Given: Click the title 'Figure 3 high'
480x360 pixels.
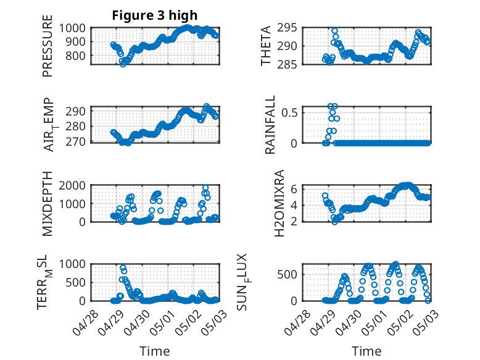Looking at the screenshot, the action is (x=155, y=15).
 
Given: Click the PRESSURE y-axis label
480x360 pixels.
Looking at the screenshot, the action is (x=48, y=46).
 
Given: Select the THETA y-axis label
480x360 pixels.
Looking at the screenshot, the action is (x=266, y=46).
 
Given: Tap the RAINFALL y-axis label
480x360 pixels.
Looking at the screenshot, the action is (x=270, y=125).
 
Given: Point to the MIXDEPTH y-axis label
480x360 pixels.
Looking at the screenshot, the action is (x=48, y=203).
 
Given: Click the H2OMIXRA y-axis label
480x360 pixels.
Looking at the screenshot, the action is (x=279, y=203).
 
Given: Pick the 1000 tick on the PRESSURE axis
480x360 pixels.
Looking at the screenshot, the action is (x=72, y=28).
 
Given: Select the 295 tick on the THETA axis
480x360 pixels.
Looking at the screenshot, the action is (x=287, y=28).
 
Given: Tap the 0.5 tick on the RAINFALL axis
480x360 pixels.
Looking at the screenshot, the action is (x=289, y=112).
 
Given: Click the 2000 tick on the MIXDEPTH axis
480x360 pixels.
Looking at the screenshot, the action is (x=72, y=185).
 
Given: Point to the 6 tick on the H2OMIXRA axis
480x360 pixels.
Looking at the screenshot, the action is (x=294, y=189).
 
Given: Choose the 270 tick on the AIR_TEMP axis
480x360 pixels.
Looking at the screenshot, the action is (x=75, y=142).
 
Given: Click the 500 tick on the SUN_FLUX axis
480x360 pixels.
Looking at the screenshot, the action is (x=287, y=274).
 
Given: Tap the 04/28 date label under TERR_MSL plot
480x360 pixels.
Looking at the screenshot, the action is (x=85, y=322).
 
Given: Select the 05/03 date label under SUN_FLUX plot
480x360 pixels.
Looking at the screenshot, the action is (x=426, y=322).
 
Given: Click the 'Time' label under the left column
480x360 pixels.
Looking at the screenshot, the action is (x=155, y=351).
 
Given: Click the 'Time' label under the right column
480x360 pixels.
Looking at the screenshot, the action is (x=366, y=351).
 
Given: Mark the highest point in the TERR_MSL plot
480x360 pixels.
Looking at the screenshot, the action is (x=123, y=267).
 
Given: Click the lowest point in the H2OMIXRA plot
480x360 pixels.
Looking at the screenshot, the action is (x=334, y=222).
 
